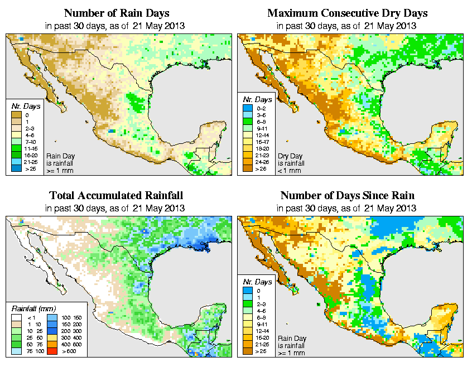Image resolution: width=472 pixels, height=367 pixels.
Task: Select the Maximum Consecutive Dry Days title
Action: click(347, 13)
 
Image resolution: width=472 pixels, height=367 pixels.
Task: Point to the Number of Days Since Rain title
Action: click(347, 196)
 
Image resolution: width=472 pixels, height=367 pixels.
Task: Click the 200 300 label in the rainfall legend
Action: click(71, 331)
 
